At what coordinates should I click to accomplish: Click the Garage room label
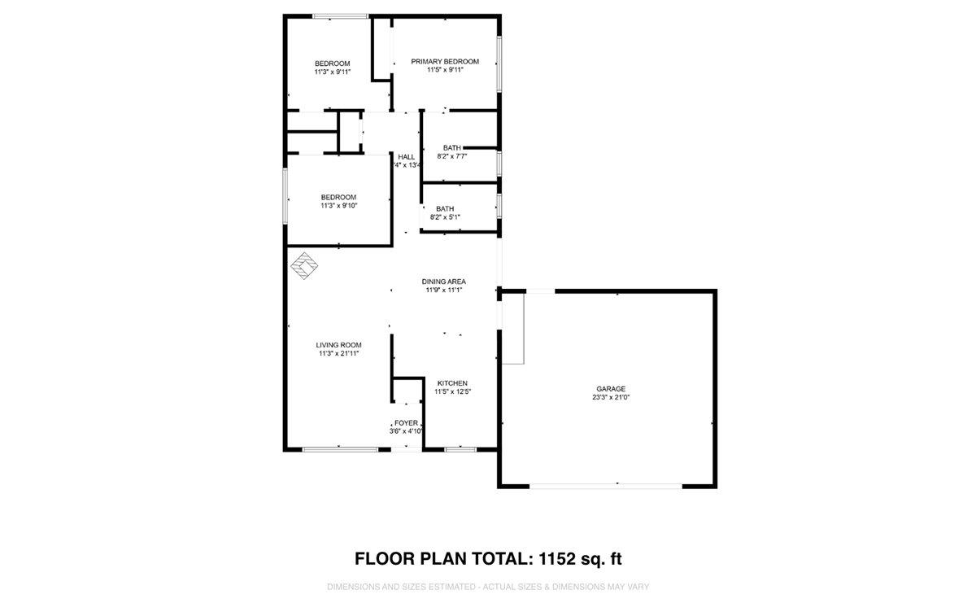click(610, 389)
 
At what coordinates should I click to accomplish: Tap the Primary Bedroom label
click(445, 61)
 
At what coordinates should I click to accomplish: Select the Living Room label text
click(339, 344)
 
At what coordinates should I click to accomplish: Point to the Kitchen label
click(452, 382)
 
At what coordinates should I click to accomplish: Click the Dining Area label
click(443, 281)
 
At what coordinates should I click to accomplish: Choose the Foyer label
click(406, 422)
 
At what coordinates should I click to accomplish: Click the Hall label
click(407, 156)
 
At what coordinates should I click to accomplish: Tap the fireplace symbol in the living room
click(304, 266)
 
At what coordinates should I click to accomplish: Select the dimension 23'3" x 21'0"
click(612, 398)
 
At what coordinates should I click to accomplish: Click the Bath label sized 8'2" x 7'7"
click(452, 147)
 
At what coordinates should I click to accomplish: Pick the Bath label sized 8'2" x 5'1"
click(445, 208)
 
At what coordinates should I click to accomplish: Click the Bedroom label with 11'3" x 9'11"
click(333, 63)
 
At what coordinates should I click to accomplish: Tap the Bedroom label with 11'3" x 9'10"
click(338, 197)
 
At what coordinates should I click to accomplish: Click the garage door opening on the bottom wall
click(606, 486)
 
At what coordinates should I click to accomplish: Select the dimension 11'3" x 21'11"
click(339, 353)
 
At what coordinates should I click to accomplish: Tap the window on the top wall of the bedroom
click(341, 15)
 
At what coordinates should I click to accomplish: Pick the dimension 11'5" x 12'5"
click(452, 391)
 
